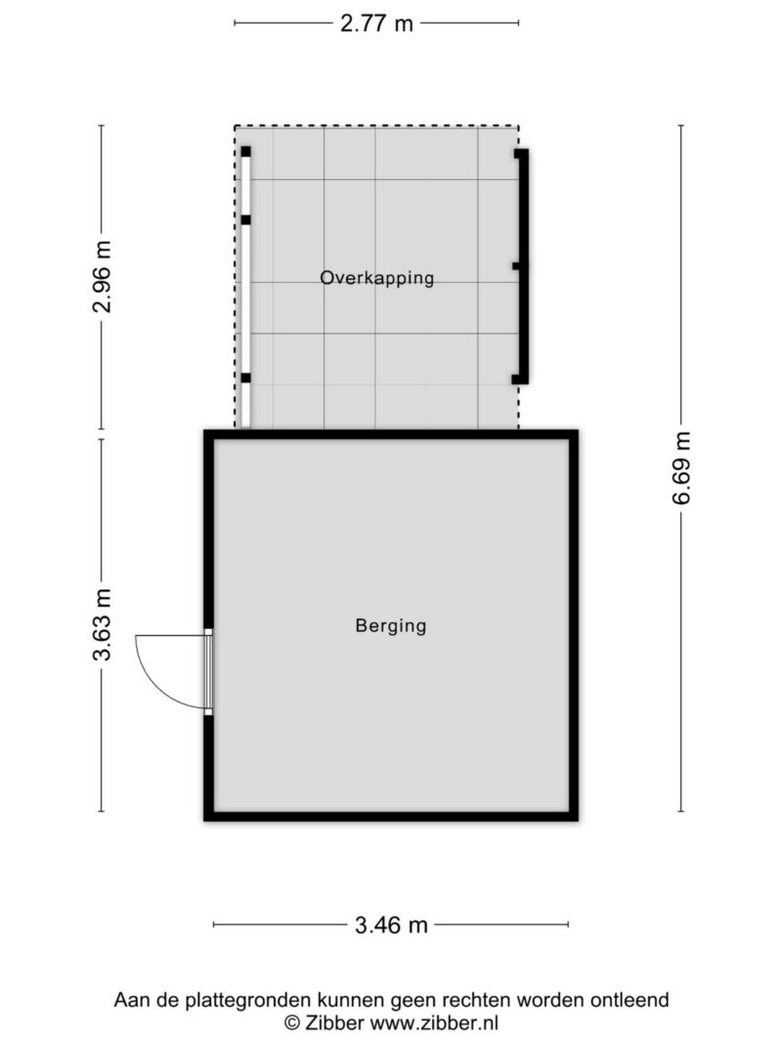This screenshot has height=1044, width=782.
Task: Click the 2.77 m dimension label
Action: (x=376, y=23)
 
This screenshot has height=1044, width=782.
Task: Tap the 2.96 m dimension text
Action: (x=102, y=276)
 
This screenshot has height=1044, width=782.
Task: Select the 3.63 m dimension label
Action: (x=102, y=624)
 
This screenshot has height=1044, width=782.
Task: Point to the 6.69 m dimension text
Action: (x=681, y=468)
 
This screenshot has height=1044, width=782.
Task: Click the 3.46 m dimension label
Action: (x=391, y=925)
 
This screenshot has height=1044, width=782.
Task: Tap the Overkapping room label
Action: (x=377, y=278)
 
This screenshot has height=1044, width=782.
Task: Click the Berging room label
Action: (x=391, y=626)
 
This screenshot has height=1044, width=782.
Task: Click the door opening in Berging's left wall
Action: (x=208, y=671)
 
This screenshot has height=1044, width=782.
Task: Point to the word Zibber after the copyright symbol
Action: (x=334, y=1022)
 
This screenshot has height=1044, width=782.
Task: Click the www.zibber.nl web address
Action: (x=434, y=1022)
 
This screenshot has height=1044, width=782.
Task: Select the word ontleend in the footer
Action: (x=631, y=1000)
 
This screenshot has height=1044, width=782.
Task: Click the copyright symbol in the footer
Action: (x=292, y=1022)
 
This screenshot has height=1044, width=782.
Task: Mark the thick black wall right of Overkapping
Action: (x=523, y=266)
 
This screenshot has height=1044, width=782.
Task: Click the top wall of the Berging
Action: (x=391, y=434)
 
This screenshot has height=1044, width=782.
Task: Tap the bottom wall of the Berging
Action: (x=391, y=816)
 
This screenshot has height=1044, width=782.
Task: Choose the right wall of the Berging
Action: (x=573, y=625)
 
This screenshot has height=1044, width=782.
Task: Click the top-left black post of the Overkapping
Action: (x=246, y=152)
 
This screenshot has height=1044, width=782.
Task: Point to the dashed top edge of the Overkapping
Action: (x=376, y=126)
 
